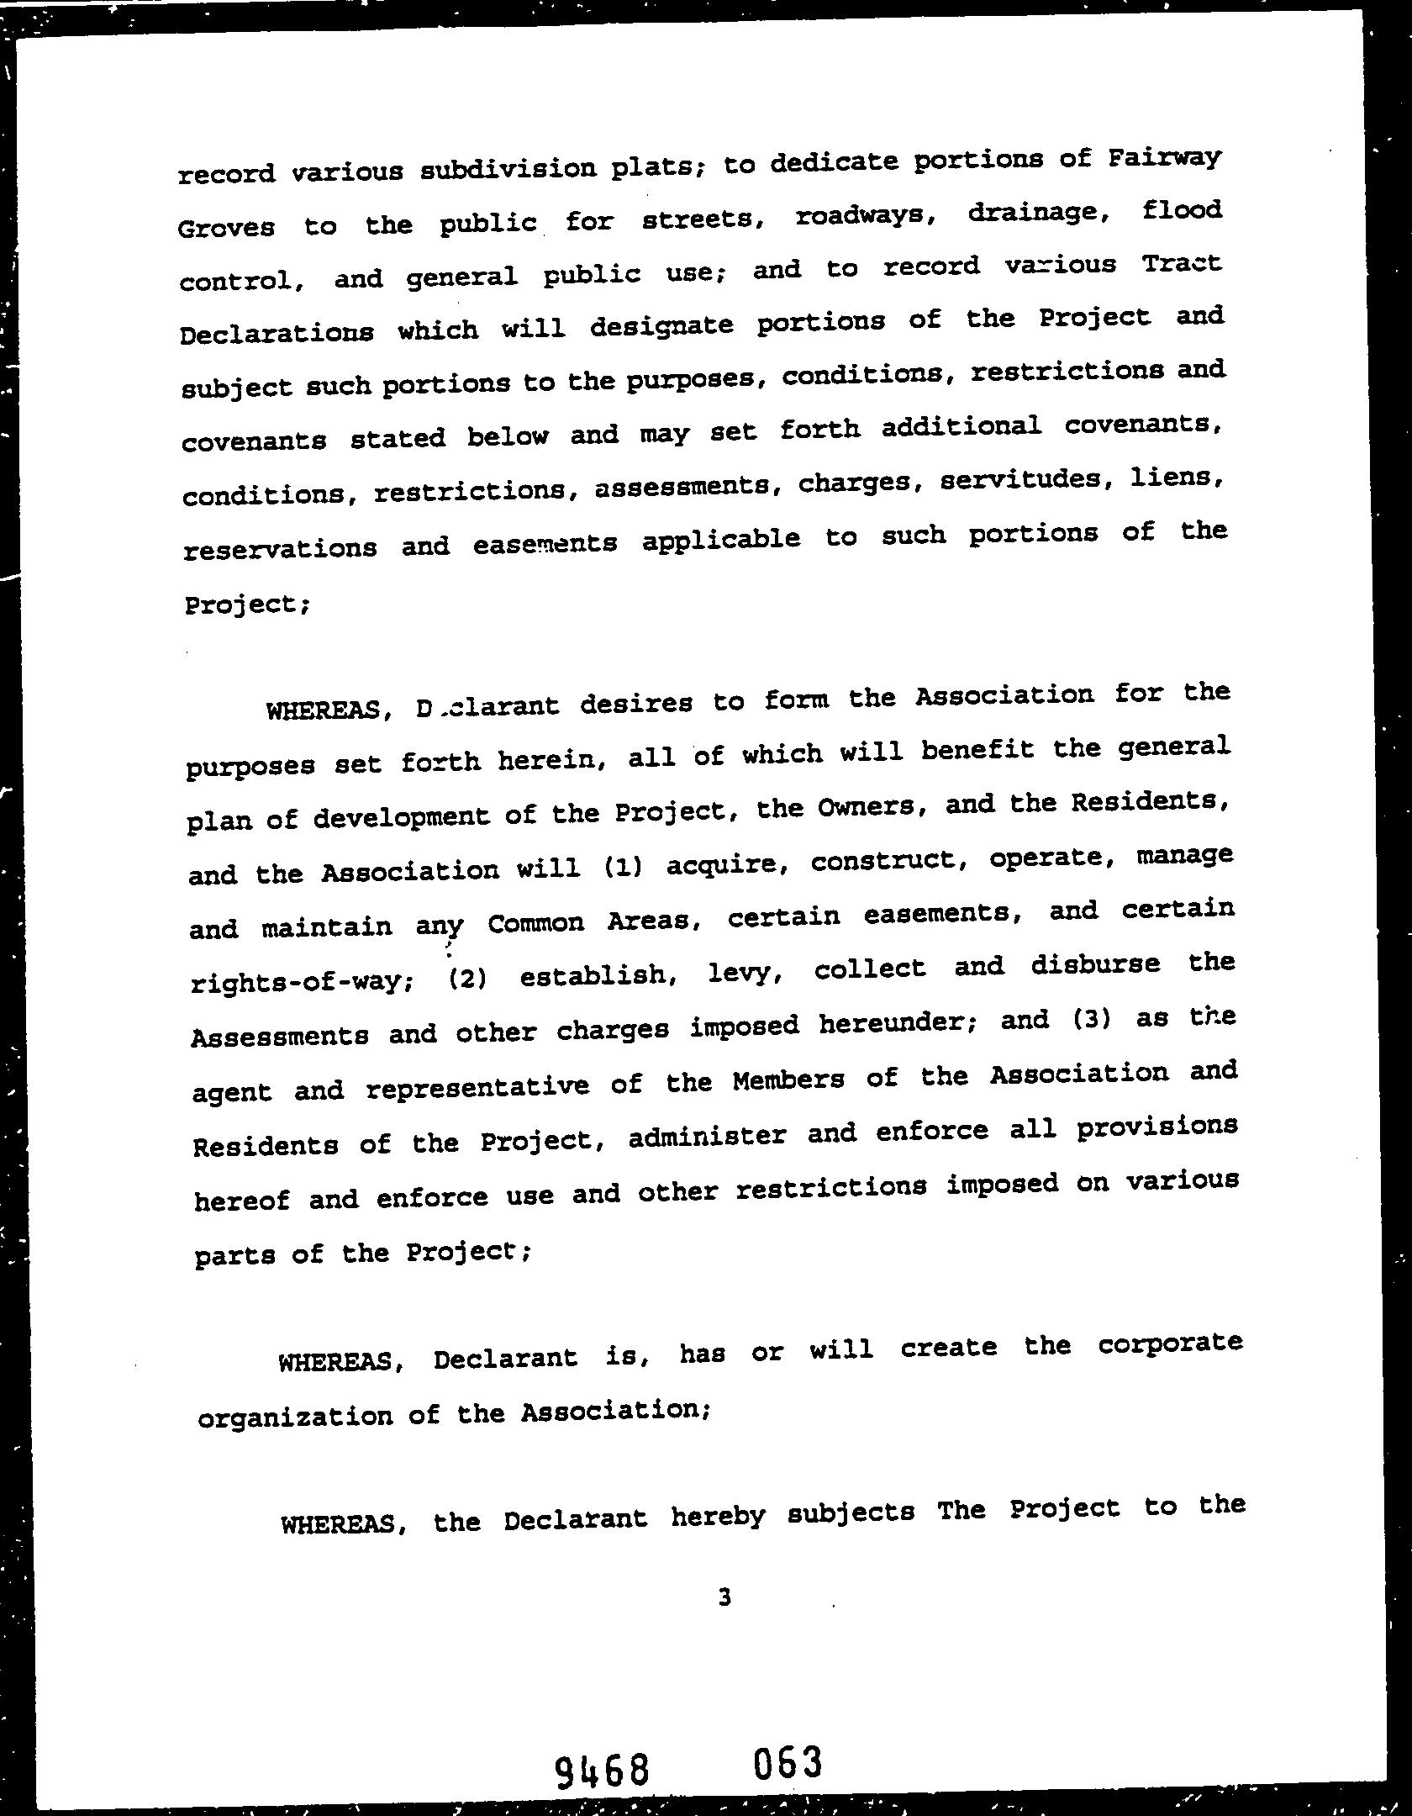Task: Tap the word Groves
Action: pyautogui.click(x=226, y=227)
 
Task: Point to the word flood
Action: pyautogui.click(x=1182, y=209)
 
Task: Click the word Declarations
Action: pyautogui.click(x=277, y=333)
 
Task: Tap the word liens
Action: pyautogui.click(x=1176, y=478)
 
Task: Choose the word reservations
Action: pyautogui.click(x=281, y=548)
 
